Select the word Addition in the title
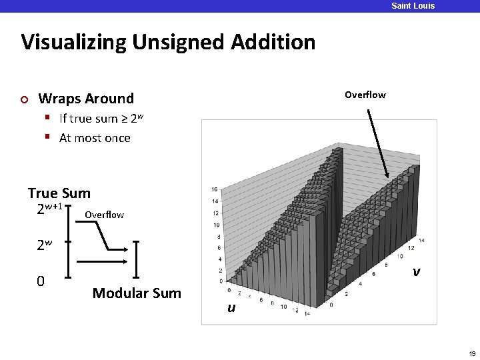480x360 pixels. pos(273,43)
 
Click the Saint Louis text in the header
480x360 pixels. pos(413,6)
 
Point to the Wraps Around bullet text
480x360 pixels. pos(86,99)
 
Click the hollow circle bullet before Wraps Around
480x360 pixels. pos(24,99)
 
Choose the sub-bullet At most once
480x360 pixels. pos(95,138)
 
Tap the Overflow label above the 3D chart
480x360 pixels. pos(365,95)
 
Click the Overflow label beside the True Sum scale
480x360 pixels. pos(104,215)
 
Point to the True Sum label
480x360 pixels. pos(59,193)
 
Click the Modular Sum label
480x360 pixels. pos(137,293)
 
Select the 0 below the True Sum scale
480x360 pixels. pos(41,281)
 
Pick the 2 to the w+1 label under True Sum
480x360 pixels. pos(49,209)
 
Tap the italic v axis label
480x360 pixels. pos(416,271)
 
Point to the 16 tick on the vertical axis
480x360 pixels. pos(214,189)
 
